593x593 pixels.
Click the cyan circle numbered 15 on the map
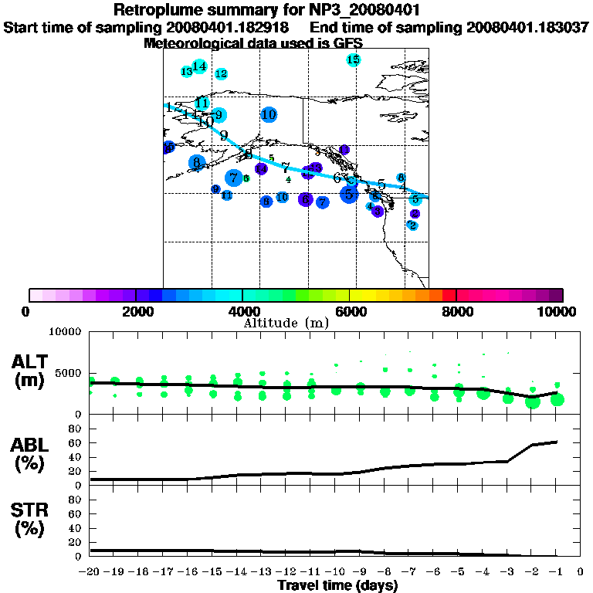point(353,59)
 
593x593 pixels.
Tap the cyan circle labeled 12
point(221,73)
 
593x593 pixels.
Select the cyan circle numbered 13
point(186,72)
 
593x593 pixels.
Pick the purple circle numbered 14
point(261,168)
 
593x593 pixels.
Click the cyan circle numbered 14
point(199,66)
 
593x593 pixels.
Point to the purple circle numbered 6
point(306,200)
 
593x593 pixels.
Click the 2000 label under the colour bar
point(136,311)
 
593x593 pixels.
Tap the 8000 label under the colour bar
point(456,311)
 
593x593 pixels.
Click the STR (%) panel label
point(31,520)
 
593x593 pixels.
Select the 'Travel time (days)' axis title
point(337,585)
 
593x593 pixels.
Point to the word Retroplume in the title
point(154,10)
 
